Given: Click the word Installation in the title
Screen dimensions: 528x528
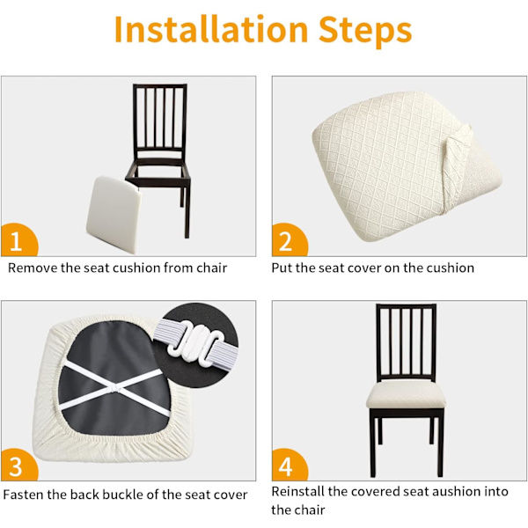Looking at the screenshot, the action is coord(211,30).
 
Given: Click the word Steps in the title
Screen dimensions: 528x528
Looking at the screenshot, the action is coord(365,32).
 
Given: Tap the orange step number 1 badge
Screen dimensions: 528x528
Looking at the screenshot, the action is coord(18,240).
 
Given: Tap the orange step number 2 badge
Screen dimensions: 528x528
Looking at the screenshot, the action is coord(289,240).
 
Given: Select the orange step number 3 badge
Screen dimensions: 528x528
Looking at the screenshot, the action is coord(18,465).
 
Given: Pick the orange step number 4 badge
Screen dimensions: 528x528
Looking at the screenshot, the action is coord(289,465).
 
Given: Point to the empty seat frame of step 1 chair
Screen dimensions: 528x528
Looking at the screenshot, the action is coord(158,171).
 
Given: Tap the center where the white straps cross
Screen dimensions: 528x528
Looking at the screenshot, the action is coord(114,389).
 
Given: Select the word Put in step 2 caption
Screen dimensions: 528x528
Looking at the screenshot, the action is coord(282,268).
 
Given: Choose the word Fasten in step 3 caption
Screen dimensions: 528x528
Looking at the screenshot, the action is coord(23,495).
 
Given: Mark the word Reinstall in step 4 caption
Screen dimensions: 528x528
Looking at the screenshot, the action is coord(298,492).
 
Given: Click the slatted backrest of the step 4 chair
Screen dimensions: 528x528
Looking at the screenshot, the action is coord(406,342).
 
